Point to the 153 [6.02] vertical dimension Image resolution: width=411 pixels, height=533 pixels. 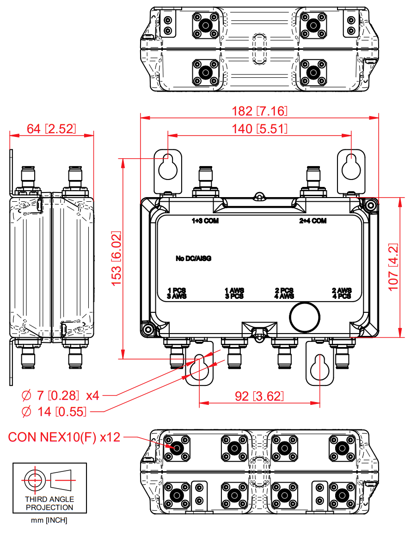tap(117, 258)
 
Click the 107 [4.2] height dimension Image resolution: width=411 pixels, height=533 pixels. tap(394, 266)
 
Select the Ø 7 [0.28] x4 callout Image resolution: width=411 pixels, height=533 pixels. tap(61, 396)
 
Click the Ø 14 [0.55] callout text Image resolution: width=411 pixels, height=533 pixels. tap(54, 411)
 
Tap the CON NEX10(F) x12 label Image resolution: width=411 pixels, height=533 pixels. tap(64, 437)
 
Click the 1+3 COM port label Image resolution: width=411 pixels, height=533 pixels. tap(205, 221)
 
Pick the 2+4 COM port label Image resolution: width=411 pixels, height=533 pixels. tap(313, 221)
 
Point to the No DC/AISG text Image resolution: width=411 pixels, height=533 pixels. tap(193, 258)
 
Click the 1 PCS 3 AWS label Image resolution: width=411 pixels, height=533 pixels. tap(177, 293)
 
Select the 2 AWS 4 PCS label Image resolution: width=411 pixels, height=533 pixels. tap(342, 293)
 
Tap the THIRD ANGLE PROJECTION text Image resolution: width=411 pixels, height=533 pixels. tap(49, 503)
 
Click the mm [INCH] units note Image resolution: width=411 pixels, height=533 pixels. tap(49, 521)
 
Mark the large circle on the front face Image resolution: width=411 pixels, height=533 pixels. tap(304, 317)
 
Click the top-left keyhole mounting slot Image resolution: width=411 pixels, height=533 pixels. tap(168, 167)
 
